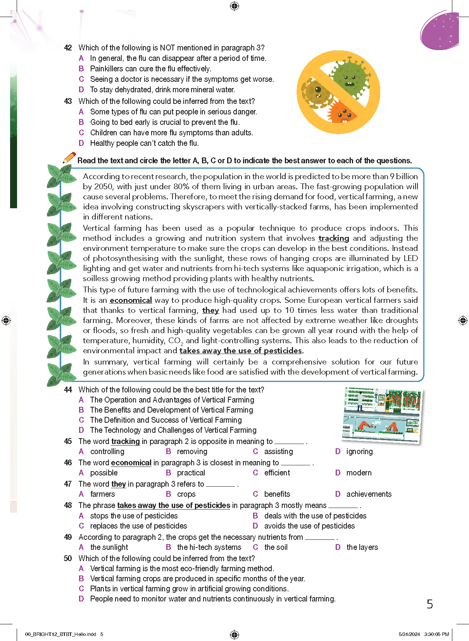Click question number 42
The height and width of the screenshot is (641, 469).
tap(68, 48)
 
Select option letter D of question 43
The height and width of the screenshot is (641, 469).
tap(81, 143)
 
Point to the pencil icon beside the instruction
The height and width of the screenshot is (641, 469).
tap(69, 158)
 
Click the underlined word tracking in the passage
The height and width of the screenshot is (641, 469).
tap(334, 238)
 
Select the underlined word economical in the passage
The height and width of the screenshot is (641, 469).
tap(131, 300)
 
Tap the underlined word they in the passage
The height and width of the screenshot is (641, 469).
tap(210, 310)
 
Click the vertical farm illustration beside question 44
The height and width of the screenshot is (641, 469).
tap(382, 415)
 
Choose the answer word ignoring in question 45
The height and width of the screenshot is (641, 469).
tap(359, 451)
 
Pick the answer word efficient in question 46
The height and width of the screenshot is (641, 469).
tap(277, 473)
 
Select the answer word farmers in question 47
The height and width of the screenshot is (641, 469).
tap(102, 494)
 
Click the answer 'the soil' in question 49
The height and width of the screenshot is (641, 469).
tap(276, 547)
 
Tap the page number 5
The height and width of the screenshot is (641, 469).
tap(429, 604)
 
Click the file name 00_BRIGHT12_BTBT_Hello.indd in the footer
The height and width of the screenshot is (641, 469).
tap(60, 634)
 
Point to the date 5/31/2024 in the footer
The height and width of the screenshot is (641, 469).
tap(409, 634)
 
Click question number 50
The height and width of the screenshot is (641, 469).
tap(68, 558)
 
